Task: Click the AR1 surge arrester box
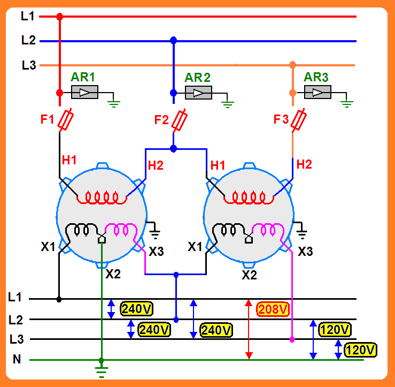point(84,92)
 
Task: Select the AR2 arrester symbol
point(198,93)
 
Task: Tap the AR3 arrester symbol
point(317,92)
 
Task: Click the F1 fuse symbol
point(66,120)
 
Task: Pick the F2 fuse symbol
point(180,120)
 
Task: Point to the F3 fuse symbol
point(299,120)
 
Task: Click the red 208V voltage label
point(273,309)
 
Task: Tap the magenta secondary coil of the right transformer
point(268,229)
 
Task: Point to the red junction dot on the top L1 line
point(60,17)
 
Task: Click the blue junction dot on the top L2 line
point(173,40)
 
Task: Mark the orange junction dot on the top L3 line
point(292,65)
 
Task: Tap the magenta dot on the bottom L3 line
point(292,339)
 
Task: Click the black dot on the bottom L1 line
point(59,299)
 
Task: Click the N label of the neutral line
point(17,359)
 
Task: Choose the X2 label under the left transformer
point(113,274)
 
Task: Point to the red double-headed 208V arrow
point(249,329)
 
